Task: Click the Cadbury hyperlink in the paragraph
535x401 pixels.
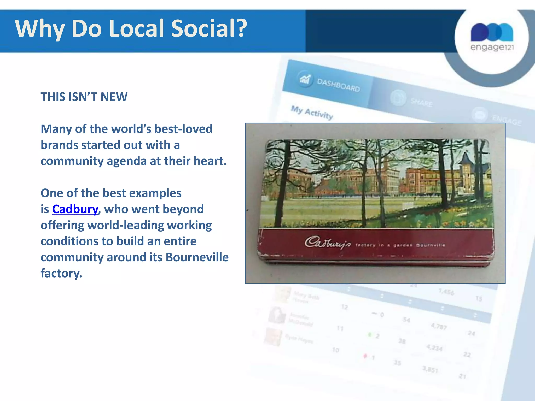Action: coord(75,209)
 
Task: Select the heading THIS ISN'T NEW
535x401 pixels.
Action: coord(84,97)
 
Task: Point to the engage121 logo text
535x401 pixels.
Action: coord(492,47)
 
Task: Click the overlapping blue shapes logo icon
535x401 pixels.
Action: coord(492,32)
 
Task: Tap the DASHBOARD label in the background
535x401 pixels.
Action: coord(338,85)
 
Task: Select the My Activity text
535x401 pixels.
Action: coord(312,112)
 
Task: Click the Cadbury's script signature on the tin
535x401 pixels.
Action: coord(328,243)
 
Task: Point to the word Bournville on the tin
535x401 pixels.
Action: coord(431,245)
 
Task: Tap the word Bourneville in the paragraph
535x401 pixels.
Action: coord(197,257)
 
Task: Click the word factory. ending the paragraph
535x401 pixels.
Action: coord(61,273)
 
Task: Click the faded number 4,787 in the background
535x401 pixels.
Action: coord(439,326)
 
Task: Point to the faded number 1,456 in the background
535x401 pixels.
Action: coord(446,292)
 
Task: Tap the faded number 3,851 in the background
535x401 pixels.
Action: coord(430,369)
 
